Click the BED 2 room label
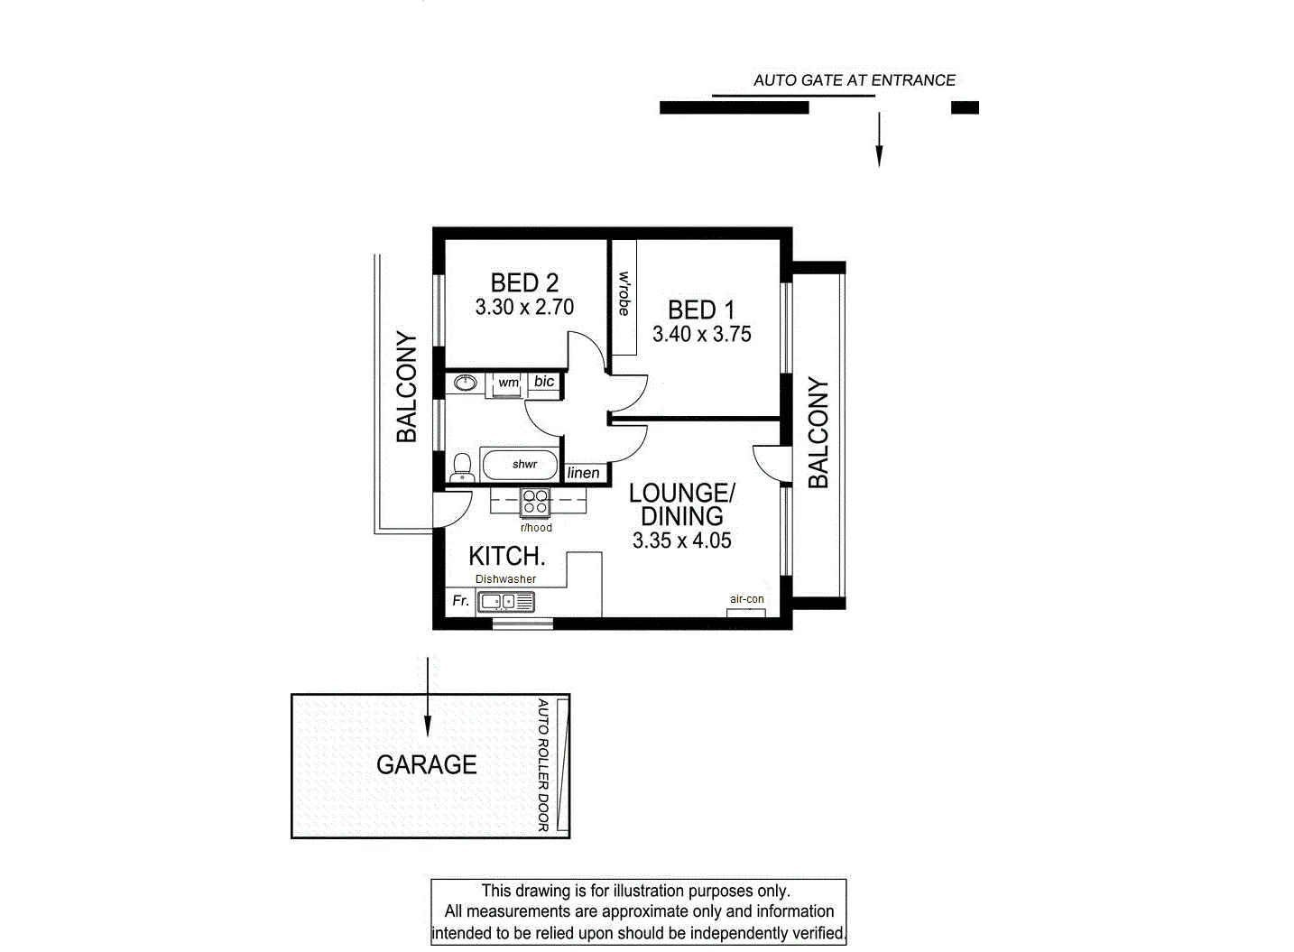(x=524, y=282)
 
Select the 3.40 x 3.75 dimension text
(x=701, y=334)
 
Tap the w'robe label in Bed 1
(x=624, y=293)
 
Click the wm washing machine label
(x=508, y=383)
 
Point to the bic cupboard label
(x=544, y=382)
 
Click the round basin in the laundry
(x=466, y=384)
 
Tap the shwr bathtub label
(x=524, y=464)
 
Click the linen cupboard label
(x=584, y=473)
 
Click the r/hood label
(x=536, y=528)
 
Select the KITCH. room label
(x=507, y=555)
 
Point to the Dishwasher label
(x=505, y=579)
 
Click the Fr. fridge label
(x=460, y=600)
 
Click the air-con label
(x=746, y=599)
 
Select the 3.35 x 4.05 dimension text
(x=681, y=541)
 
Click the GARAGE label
(x=426, y=765)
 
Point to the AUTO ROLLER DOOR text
(x=543, y=765)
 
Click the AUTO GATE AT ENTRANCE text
(x=854, y=80)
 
